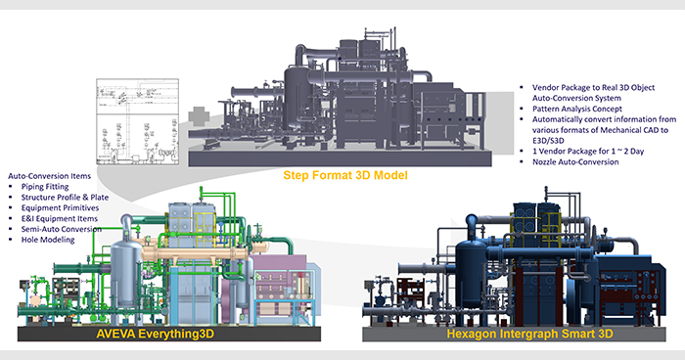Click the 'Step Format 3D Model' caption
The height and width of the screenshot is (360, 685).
[x=345, y=175]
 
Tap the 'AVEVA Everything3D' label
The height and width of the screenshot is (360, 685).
[x=156, y=334]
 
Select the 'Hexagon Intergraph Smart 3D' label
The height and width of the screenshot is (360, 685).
[x=529, y=335]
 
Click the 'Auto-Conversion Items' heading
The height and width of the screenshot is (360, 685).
[x=49, y=176]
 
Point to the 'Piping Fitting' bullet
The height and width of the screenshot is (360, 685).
[x=45, y=187]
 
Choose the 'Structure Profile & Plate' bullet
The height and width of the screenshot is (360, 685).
[x=65, y=198]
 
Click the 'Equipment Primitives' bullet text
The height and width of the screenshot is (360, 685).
[x=60, y=208]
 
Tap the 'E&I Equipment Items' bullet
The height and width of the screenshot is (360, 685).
[x=60, y=218]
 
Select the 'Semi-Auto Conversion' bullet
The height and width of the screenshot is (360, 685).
[x=61, y=229]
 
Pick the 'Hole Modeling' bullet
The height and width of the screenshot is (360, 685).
[x=48, y=240]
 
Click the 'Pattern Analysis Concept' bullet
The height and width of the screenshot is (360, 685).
[x=576, y=109]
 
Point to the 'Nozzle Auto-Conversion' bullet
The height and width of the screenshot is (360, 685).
[x=575, y=162]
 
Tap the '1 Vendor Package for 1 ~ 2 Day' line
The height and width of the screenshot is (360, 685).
[x=588, y=152]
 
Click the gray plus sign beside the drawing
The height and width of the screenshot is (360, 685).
[x=199, y=116]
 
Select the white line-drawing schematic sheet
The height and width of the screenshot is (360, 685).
[x=138, y=122]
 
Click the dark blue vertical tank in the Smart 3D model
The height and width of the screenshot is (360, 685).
[x=472, y=271]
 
